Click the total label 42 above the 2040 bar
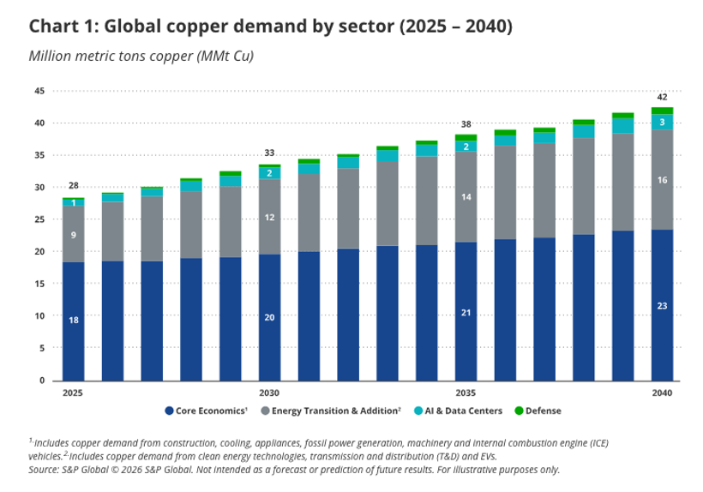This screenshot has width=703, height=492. tap(662, 97)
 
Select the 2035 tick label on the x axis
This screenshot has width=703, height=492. tap(466, 393)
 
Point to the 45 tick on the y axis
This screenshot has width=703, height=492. tap(39, 91)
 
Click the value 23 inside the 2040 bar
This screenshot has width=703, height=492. tap(662, 305)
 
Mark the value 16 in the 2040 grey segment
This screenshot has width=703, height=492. tap(662, 180)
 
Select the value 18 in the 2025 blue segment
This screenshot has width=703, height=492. tap(74, 320)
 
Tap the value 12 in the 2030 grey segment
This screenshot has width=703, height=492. tap(269, 218)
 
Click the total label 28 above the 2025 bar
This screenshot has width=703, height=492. tap(74, 186)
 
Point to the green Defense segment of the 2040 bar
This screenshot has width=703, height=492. tap(662, 111)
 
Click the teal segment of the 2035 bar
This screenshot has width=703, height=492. tap(466, 147)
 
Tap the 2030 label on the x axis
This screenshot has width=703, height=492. tap(269, 393)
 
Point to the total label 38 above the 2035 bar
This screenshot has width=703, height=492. tap(466, 124)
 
